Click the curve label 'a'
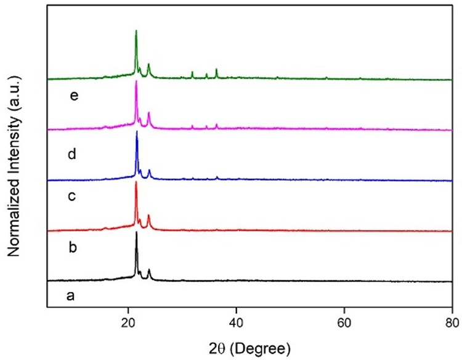pos(71,296)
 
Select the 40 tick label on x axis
pos(236,321)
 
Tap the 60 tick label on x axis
pos(344,321)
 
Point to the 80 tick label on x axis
pos(452,321)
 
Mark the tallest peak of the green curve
pos(136,31)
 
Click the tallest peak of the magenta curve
pos(136,82)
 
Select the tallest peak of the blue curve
pos(137,132)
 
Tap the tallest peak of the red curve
pos(136,182)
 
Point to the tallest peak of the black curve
pos(136,233)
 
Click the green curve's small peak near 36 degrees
pos(216,70)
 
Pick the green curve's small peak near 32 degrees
pos(192,73)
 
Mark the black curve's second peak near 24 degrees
pos(149,270)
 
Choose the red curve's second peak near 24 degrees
pos(148,216)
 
